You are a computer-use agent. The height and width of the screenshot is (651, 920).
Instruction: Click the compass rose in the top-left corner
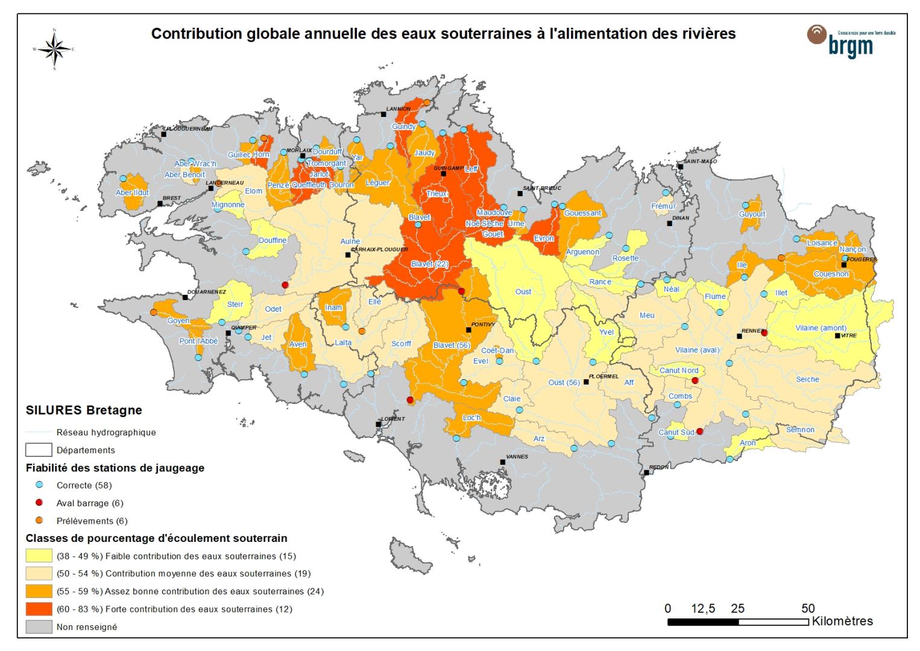tap(54, 49)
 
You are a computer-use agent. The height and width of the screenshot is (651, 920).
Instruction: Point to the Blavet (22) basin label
tap(429, 264)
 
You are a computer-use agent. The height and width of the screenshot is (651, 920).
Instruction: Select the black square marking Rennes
tap(740, 336)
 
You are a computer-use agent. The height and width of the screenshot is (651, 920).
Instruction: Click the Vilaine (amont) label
tap(821, 328)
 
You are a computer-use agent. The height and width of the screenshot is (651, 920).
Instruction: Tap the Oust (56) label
tap(564, 382)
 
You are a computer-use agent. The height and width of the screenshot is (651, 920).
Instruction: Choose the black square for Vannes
tap(503, 462)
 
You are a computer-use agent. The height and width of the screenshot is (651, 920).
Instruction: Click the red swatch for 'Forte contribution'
tap(39, 609)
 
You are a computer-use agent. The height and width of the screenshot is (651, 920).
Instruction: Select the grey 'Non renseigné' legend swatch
tap(39, 627)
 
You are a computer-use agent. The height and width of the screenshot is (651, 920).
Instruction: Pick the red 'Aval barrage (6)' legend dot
tap(39, 503)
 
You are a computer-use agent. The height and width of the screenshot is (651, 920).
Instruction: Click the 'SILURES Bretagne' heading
tap(84, 410)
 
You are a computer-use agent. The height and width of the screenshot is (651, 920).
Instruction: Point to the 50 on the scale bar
tap(808, 609)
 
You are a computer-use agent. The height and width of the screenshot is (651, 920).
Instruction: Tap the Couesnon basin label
tap(831, 274)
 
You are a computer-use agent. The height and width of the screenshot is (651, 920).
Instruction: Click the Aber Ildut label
tap(132, 193)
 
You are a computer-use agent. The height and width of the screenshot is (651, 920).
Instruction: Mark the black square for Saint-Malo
tap(680, 167)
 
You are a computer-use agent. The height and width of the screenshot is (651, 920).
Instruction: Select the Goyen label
tap(178, 321)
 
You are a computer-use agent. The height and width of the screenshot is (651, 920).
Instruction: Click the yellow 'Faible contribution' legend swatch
tap(39, 556)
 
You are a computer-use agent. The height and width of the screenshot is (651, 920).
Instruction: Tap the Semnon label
tap(800, 430)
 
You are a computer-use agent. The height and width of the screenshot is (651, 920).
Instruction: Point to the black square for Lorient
tap(379, 424)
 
